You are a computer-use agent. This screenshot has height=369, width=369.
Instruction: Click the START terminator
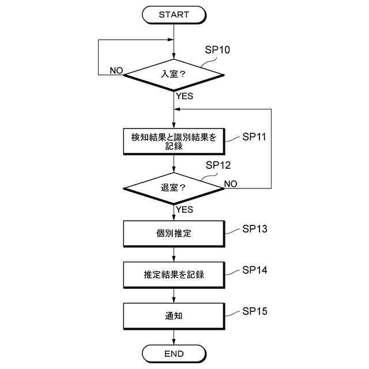click(174, 14)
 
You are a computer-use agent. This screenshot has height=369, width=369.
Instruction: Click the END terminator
click(174, 353)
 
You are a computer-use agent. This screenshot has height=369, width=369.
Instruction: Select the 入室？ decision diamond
click(174, 74)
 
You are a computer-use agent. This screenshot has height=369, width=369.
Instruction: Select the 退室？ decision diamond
click(174, 188)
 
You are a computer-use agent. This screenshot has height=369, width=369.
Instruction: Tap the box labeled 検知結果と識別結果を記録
click(174, 141)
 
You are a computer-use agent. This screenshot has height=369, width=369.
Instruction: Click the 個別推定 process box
click(174, 234)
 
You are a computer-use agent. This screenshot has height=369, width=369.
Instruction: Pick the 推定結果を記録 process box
click(174, 274)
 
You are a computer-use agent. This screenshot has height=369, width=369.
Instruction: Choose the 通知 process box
click(174, 316)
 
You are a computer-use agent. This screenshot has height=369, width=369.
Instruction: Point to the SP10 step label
click(217, 50)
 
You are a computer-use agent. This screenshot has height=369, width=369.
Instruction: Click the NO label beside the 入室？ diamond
click(116, 70)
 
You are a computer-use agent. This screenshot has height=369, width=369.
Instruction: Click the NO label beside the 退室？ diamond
click(231, 183)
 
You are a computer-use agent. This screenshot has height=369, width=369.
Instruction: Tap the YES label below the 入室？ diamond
click(184, 96)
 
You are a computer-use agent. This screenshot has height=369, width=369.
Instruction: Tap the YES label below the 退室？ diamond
click(184, 209)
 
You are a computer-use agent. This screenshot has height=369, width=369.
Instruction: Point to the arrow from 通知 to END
click(174, 337)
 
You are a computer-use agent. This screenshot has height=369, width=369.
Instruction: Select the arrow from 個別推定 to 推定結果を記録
click(174, 254)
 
